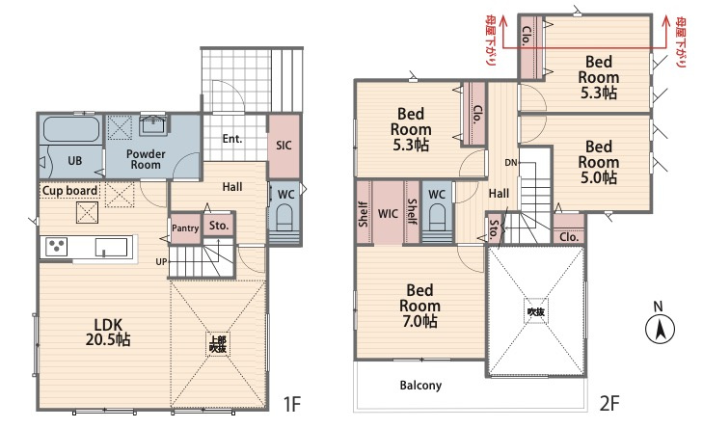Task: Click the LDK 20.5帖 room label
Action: [x=108, y=333]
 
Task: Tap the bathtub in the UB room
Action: [x=71, y=129]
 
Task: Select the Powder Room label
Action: [x=146, y=160]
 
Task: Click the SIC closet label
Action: [x=284, y=146]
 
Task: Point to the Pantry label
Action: [x=185, y=228]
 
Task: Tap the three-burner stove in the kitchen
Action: [x=57, y=246]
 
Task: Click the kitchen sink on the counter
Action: [x=111, y=248]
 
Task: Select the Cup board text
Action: [x=69, y=191]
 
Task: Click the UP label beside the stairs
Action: [x=161, y=262]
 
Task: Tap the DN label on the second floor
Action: [x=511, y=163]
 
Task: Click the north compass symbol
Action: [x=660, y=329]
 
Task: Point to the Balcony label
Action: [x=420, y=385]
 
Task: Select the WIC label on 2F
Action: [x=388, y=214]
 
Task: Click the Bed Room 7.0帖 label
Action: [x=419, y=306]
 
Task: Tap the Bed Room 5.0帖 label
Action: [x=599, y=162]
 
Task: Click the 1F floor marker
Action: [x=292, y=404]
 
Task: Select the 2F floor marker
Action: [x=609, y=403]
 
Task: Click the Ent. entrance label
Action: [x=232, y=139]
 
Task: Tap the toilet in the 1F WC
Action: [x=284, y=216]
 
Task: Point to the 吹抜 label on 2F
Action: [x=536, y=311]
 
